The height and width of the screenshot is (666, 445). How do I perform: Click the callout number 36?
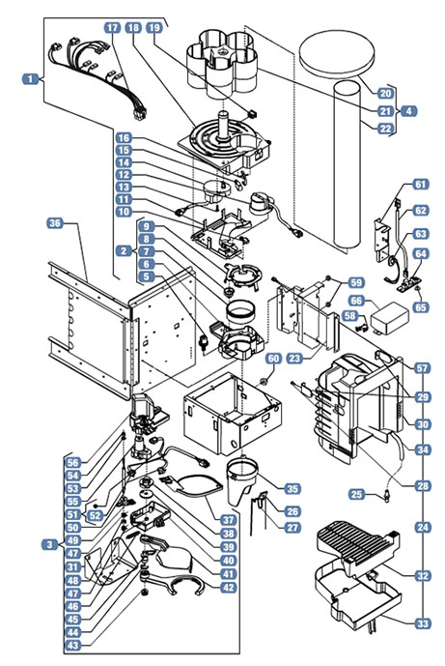(x=55, y=223)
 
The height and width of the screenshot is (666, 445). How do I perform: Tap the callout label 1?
(x=30, y=78)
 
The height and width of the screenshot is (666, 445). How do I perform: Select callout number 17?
(x=113, y=28)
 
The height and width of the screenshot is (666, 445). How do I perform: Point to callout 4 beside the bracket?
(x=408, y=111)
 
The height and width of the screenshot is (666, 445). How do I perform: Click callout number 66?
(x=356, y=301)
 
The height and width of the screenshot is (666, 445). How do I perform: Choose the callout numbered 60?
(x=273, y=359)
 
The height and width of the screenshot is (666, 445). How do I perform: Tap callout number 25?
(x=357, y=494)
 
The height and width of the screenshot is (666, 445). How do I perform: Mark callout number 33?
(x=422, y=623)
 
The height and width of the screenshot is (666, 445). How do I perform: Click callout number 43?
(x=73, y=645)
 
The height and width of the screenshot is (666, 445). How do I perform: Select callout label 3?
(x=50, y=544)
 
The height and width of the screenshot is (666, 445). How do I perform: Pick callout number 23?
(x=294, y=358)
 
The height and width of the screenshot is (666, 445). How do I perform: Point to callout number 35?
(x=292, y=488)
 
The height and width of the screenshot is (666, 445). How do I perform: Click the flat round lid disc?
(x=337, y=53)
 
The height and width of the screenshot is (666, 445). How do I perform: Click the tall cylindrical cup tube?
(x=347, y=165)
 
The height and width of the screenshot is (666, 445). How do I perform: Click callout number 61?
(x=421, y=184)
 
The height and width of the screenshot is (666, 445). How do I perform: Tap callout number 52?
(x=96, y=515)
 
